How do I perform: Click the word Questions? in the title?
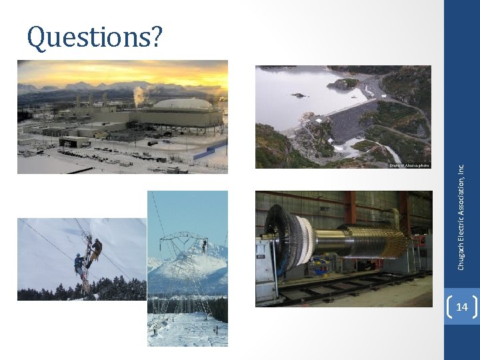tap(94, 38)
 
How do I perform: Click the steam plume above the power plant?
tap(139, 96)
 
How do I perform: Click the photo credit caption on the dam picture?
tap(409, 165)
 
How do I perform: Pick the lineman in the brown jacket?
tap(96, 250)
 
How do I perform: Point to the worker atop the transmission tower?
tap(203, 246)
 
